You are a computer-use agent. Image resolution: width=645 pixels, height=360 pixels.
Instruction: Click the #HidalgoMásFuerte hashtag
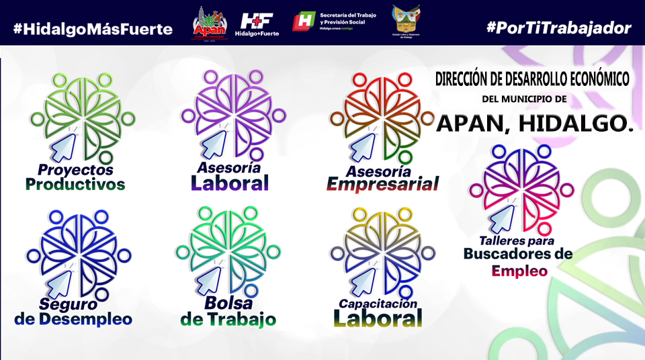93,28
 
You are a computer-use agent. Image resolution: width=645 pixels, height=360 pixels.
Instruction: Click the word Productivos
75,184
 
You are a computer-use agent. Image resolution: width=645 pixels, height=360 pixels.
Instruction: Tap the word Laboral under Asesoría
230,183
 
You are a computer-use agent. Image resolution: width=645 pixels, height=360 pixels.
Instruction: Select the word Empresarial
382,184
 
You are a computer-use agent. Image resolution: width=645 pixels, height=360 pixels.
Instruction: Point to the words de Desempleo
73,319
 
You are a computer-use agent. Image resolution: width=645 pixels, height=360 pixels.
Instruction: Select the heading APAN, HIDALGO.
535,122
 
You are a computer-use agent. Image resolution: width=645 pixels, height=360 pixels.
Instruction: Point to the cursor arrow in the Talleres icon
503,216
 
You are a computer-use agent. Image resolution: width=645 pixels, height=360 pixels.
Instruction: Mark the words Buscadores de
517,254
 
